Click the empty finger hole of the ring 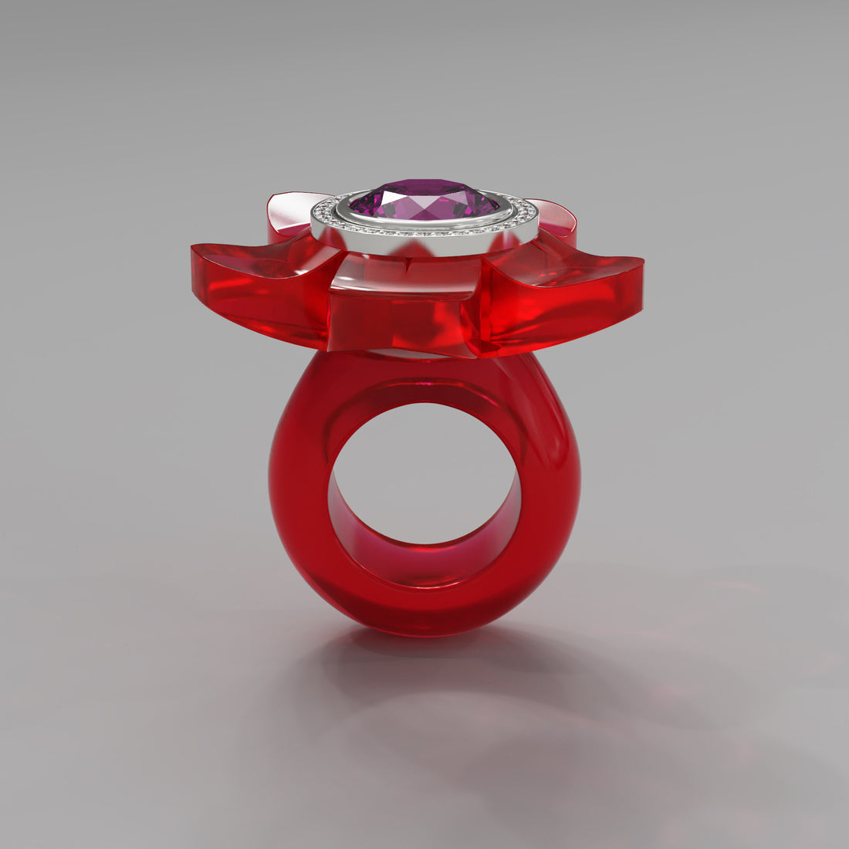coord(424,471)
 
